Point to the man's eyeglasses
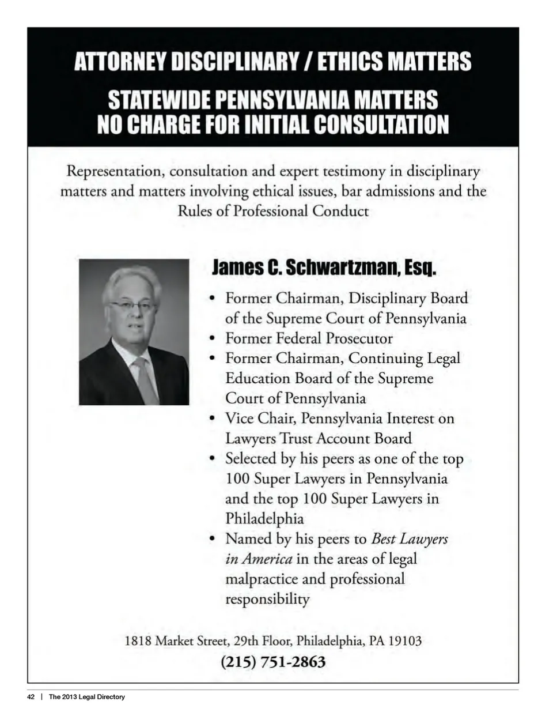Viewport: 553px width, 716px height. (x=132, y=305)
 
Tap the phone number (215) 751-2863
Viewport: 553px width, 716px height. (x=273, y=662)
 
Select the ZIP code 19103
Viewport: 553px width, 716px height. (x=405, y=640)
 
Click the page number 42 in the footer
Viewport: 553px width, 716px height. (x=31, y=697)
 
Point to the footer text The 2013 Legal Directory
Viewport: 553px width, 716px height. (x=86, y=697)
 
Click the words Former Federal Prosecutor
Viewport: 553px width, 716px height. (x=309, y=338)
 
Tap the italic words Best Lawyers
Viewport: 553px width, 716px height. (x=410, y=539)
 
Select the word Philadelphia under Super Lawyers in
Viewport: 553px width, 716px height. (x=264, y=518)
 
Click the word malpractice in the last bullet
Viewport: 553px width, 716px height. (x=262, y=579)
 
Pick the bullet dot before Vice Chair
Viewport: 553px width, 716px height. (x=213, y=419)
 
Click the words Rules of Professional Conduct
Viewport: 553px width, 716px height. (x=272, y=211)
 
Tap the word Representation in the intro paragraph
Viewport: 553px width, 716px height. (x=113, y=171)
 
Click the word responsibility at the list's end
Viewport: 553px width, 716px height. (x=267, y=599)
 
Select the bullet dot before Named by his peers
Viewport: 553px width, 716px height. (x=213, y=539)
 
